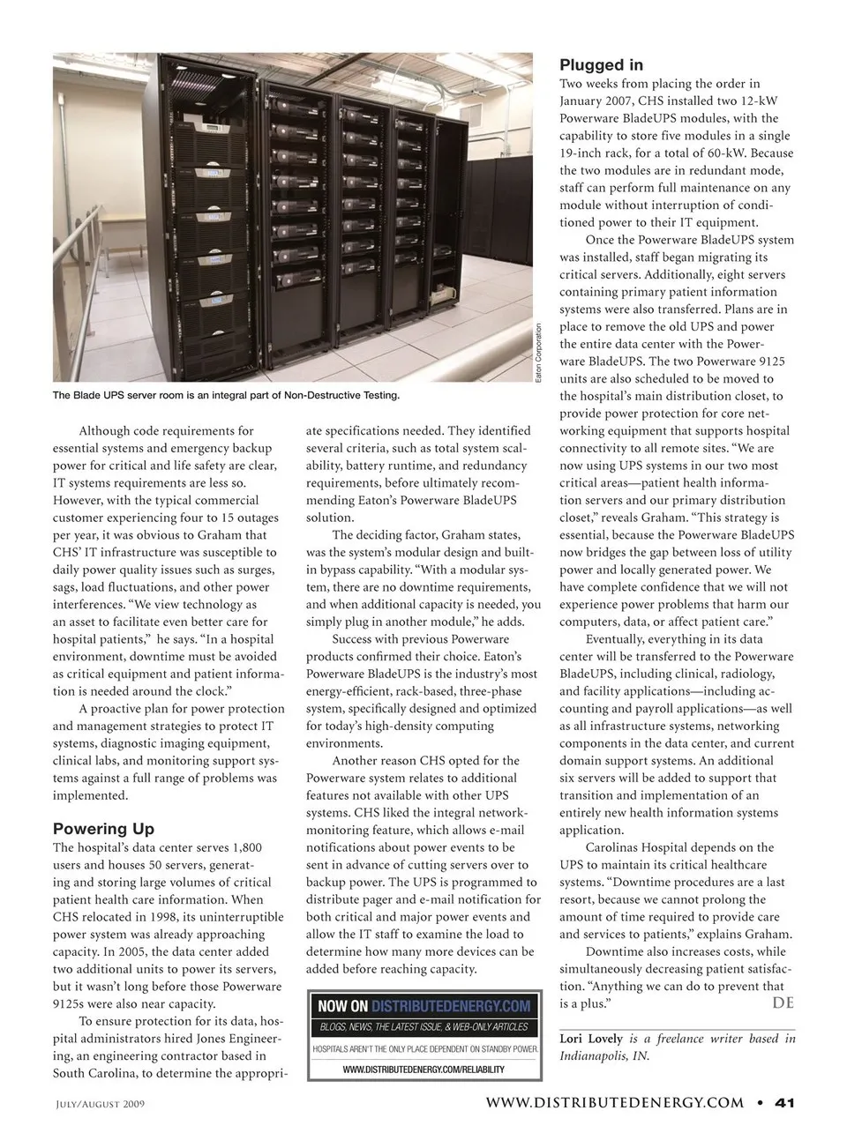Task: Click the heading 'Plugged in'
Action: (x=601, y=65)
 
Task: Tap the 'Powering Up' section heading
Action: (x=103, y=829)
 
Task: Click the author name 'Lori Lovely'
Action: (x=591, y=1039)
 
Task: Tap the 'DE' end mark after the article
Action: (x=783, y=1003)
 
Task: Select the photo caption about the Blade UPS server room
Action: (x=226, y=395)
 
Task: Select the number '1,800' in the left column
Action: (x=246, y=847)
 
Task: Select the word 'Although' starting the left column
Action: (x=104, y=431)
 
